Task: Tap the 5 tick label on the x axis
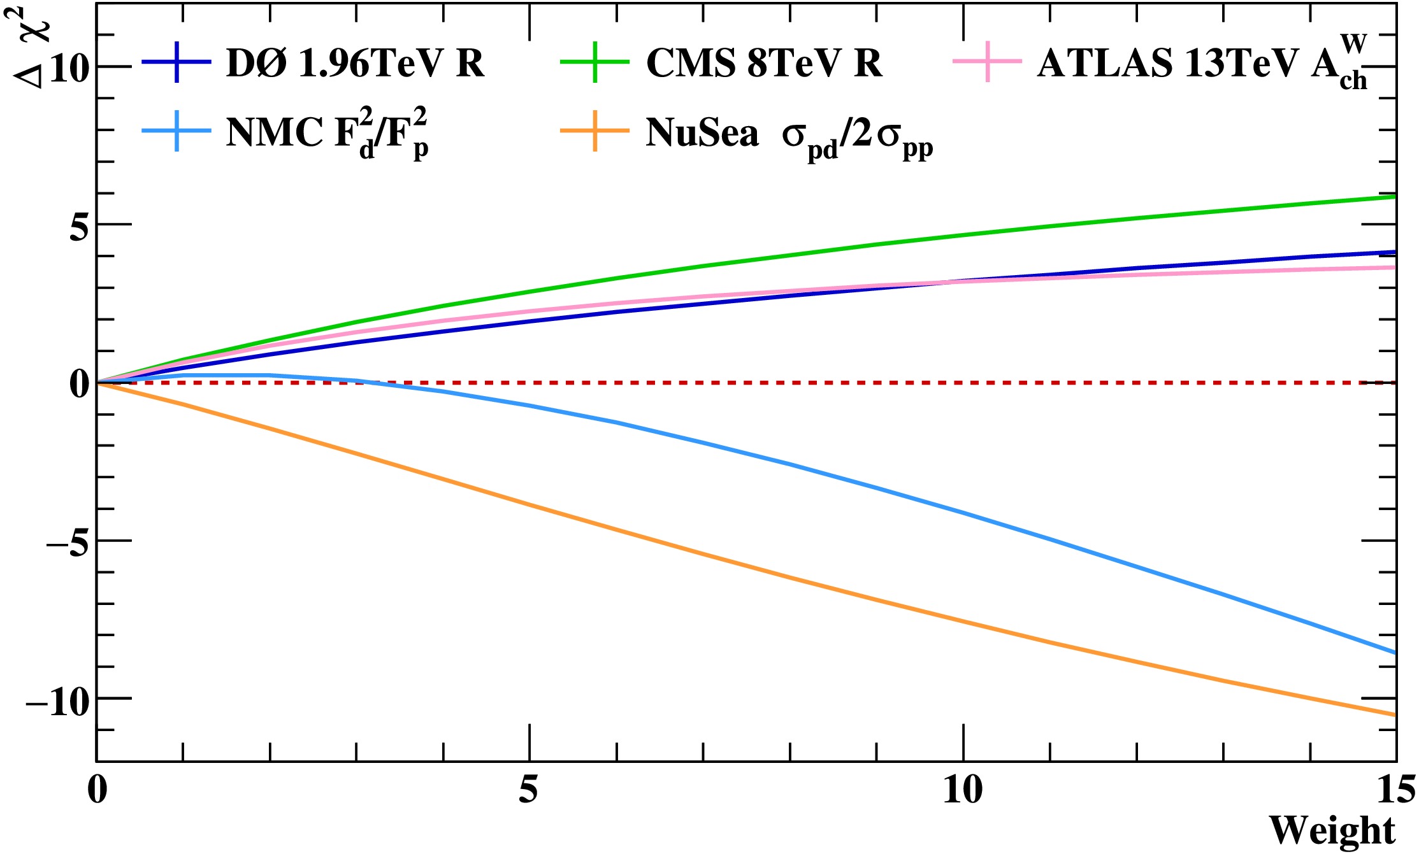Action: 528,790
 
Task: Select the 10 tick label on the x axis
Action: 962,790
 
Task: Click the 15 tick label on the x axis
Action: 1395,790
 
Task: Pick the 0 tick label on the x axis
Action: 97,790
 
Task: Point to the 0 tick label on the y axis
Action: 79,384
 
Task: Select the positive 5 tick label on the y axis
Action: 79,226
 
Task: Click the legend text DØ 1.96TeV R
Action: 354,63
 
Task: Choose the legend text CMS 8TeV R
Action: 763,63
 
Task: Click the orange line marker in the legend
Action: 594,131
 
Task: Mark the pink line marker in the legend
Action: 987,62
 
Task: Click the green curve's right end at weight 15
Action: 1394,197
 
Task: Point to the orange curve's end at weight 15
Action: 1394,715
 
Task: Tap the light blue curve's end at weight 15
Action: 1394,652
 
